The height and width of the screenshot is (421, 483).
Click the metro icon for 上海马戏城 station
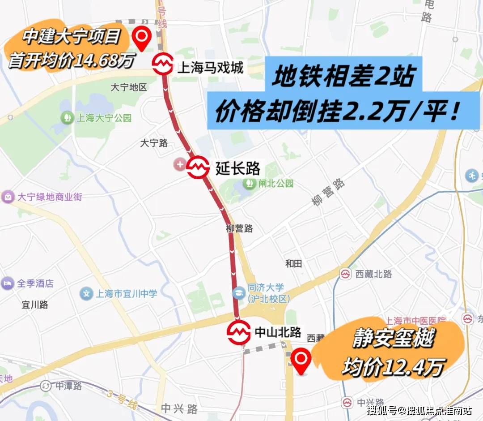click(162, 64)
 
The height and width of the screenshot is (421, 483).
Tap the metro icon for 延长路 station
click(198, 168)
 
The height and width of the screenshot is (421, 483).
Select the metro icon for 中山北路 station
click(238, 333)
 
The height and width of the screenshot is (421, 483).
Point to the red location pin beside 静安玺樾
click(301, 361)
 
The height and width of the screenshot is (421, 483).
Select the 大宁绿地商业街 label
click(43, 197)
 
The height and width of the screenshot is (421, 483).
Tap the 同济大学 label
click(266, 288)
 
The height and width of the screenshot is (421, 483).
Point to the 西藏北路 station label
click(372, 274)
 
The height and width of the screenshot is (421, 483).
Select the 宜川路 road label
click(35, 305)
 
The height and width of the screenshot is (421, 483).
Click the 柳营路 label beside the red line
click(239, 228)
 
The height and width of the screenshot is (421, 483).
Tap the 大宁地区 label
click(129, 87)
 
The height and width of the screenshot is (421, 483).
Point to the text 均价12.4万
click(393, 368)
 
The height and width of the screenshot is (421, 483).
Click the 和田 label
click(294, 263)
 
